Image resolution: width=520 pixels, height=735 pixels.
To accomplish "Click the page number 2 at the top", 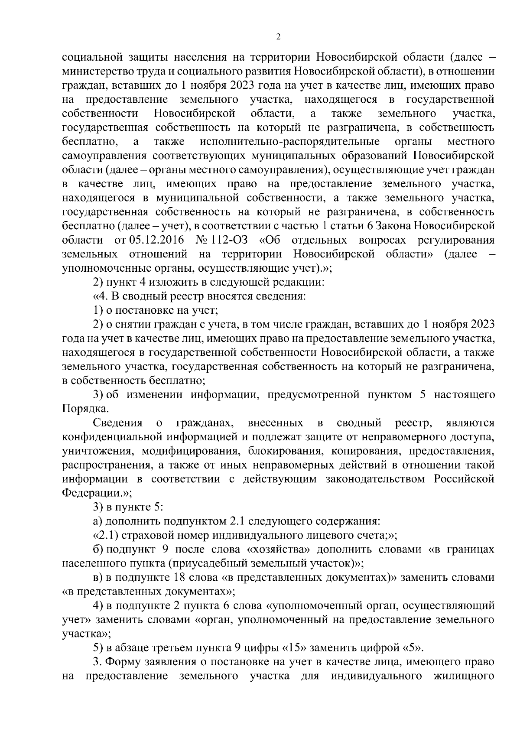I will coord(278,37).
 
